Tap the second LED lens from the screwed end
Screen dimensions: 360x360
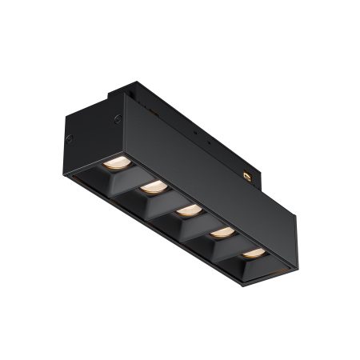tap(153, 186)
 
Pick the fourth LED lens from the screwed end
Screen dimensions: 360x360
tap(222, 232)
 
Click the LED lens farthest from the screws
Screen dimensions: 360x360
tap(253, 253)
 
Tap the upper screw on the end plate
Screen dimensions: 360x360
tap(117, 119)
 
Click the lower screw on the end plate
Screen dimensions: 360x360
tap(69, 138)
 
